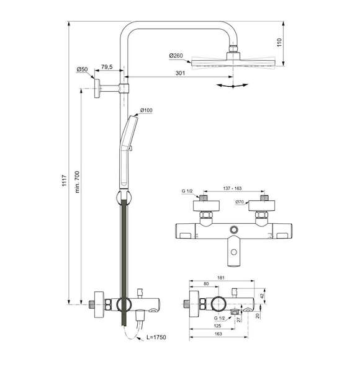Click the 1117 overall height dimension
(65, 180)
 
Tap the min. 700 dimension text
(78, 182)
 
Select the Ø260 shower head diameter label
(176, 56)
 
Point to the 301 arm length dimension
(180, 73)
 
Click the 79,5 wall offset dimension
(107, 67)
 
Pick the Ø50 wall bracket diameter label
(82, 69)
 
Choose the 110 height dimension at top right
(279, 42)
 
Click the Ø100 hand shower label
(146, 110)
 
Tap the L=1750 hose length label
(156, 337)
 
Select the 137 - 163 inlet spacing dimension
(232, 188)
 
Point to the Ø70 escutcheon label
(240, 202)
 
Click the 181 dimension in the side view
(221, 278)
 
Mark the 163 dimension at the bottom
(218, 334)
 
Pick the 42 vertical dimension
(262, 296)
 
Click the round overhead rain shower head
(233, 63)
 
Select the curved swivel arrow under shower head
(233, 86)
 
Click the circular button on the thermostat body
(234, 229)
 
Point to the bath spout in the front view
(234, 251)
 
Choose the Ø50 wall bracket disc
(97, 88)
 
